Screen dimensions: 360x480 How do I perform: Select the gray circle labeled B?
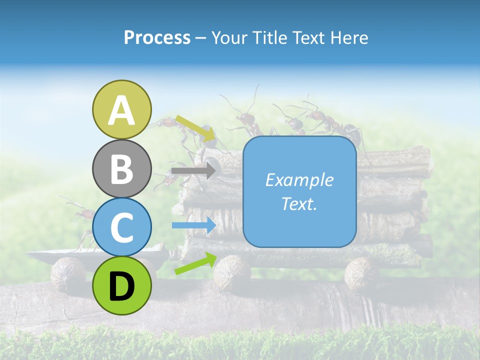(x=122, y=168)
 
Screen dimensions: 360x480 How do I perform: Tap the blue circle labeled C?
(x=122, y=227)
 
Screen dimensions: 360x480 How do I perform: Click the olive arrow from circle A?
(x=195, y=127)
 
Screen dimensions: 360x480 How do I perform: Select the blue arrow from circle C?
(x=193, y=225)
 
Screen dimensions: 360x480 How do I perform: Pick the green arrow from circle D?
(x=195, y=263)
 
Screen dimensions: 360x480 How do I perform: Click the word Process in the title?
(x=157, y=38)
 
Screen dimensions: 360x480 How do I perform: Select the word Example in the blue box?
(x=299, y=180)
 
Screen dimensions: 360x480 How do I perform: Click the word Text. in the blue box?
(x=299, y=203)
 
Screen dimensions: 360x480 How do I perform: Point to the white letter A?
(x=122, y=110)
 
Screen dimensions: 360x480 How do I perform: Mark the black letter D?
(x=122, y=286)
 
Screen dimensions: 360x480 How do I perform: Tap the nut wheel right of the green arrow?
(x=232, y=272)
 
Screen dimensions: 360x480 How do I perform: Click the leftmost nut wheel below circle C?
(x=68, y=274)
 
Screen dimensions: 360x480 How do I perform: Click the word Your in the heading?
(x=229, y=38)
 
